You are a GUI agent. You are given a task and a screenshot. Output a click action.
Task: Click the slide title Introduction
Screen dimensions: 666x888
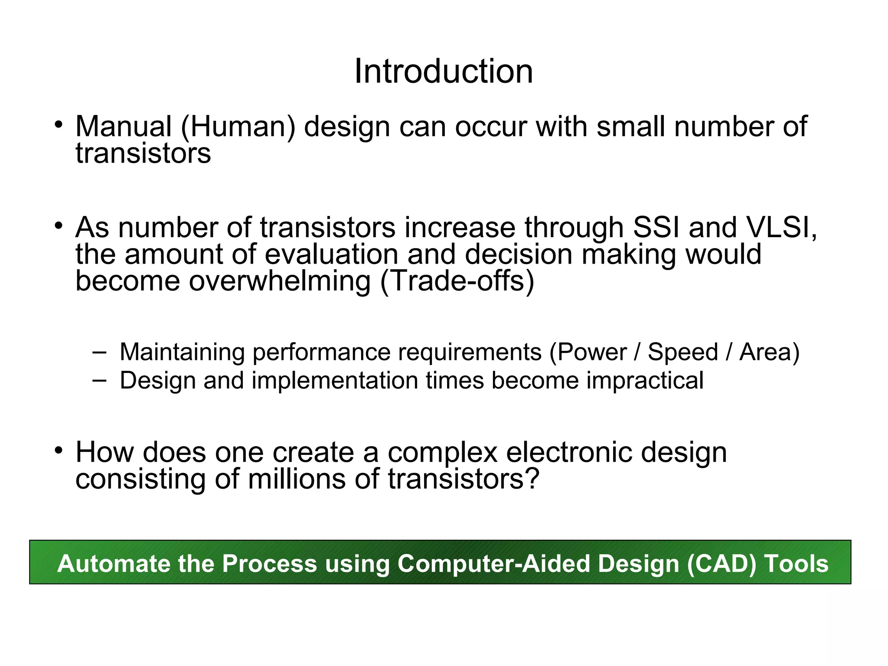coord(444,72)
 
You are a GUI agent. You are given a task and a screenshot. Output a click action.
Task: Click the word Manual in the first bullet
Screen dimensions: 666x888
coord(123,127)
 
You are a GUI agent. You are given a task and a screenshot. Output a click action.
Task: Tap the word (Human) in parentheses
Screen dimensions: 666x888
coord(238,127)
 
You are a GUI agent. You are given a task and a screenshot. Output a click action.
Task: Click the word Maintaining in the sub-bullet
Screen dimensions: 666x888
coord(182,352)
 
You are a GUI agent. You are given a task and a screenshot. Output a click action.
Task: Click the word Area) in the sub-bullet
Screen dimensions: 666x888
coord(769,352)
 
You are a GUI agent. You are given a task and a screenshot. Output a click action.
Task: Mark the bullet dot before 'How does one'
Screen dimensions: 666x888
coord(59,450)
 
